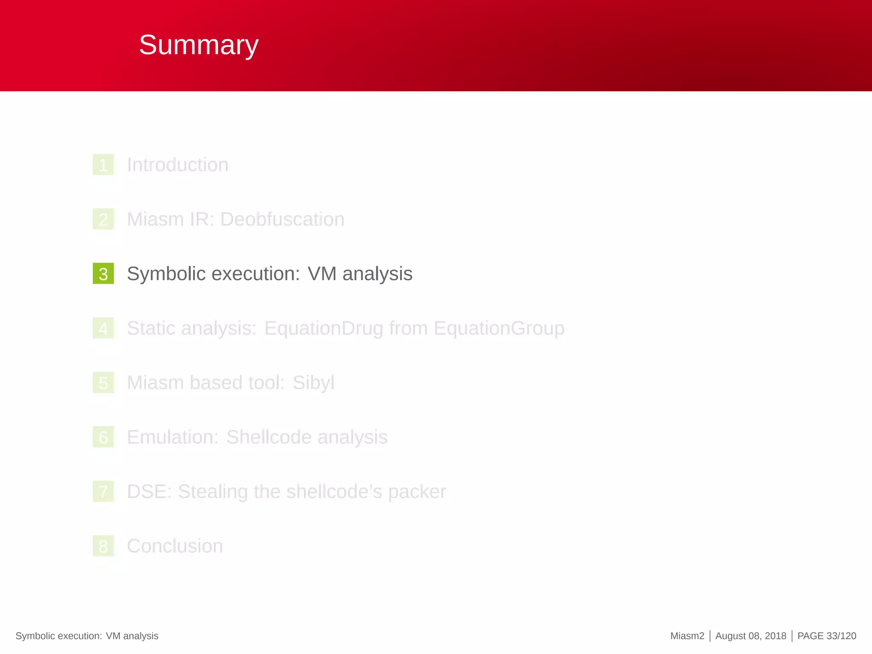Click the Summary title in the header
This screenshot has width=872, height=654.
point(198,45)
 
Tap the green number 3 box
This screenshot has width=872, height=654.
point(103,274)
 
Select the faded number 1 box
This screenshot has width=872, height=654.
point(103,165)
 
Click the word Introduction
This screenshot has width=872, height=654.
point(178,165)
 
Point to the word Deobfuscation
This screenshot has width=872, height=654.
point(282,219)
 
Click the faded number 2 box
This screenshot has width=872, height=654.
point(103,219)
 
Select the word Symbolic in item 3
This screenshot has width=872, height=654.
point(166,274)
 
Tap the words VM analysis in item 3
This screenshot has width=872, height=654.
point(360,274)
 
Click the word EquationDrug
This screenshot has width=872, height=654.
point(324,328)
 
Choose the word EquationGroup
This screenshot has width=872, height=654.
point(499,328)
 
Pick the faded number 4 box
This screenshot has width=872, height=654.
point(103,328)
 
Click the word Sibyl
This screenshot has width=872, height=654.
point(313,383)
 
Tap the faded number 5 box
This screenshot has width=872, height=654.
point(103,383)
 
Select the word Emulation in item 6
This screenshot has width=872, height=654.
point(172,437)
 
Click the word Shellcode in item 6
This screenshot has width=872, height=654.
point(269,437)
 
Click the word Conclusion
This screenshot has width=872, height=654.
point(175,546)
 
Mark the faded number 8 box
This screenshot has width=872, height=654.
point(103,546)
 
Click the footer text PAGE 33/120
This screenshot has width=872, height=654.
point(826,636)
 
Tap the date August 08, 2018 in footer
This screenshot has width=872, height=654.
point(751,636)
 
